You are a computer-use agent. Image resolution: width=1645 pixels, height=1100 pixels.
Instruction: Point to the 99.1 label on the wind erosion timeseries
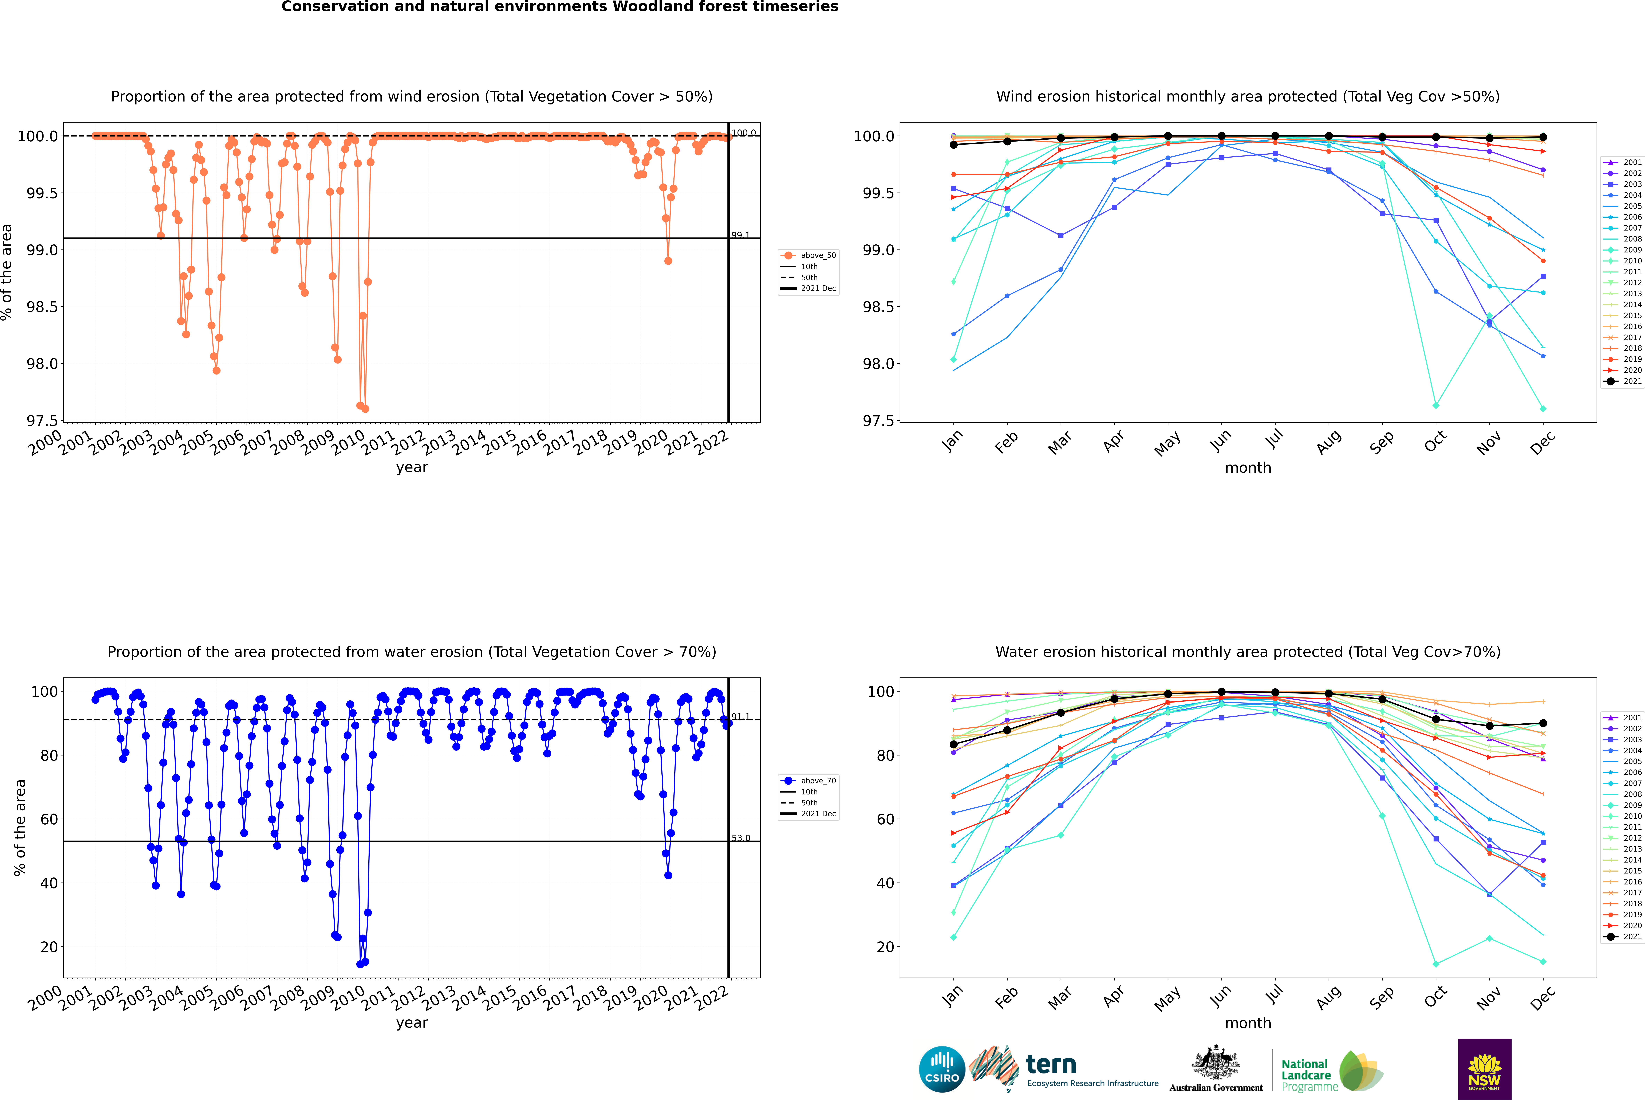click(x=740, y=235)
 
